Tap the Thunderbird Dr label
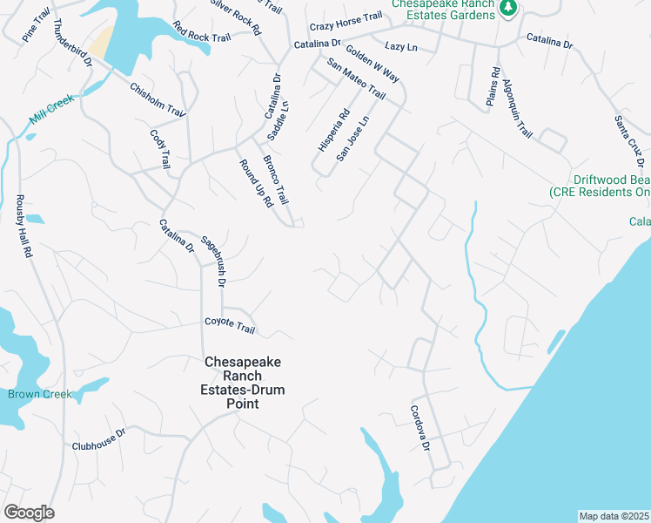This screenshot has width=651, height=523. [73, 43]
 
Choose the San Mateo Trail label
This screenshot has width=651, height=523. [355, 78]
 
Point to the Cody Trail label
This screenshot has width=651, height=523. [161, 149]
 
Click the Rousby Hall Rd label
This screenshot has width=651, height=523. [24, 226]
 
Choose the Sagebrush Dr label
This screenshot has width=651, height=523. [214, 261]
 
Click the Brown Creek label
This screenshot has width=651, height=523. [40, 394]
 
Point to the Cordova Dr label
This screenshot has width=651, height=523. [420, 428]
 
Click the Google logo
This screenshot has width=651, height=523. [29, 513]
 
